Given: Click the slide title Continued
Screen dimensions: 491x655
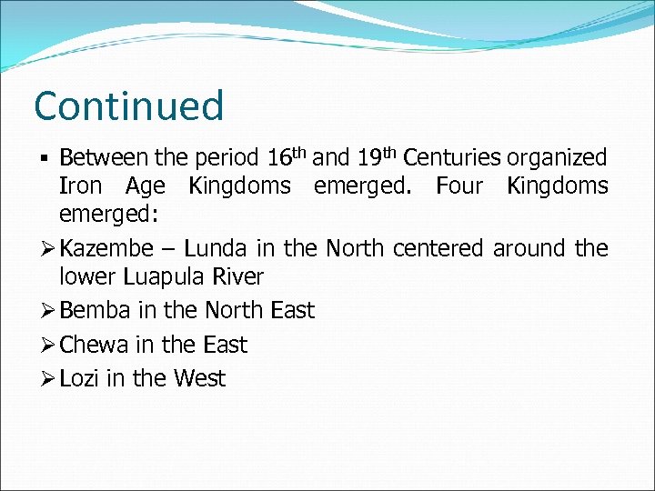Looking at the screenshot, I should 128,105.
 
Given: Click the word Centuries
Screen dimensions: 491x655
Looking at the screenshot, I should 452,157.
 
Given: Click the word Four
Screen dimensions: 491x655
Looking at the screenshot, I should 465,186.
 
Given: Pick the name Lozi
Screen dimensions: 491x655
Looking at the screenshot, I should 79,378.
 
